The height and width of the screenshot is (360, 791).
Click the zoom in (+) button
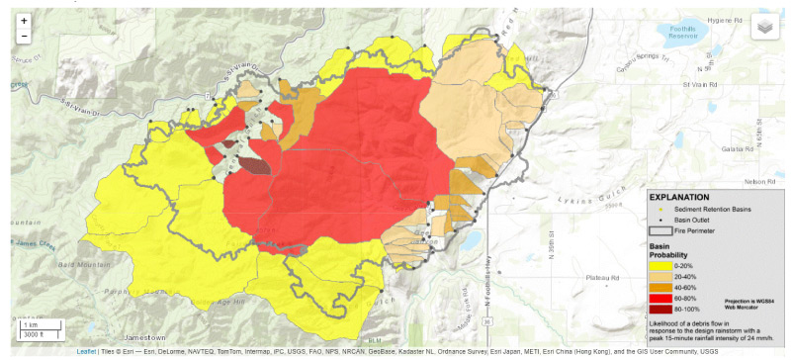(24, 21)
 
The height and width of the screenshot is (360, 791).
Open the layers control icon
(763, 27)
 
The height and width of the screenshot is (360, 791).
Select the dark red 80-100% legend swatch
(659, 309)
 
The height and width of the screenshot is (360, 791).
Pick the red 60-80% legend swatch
(659, 298)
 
